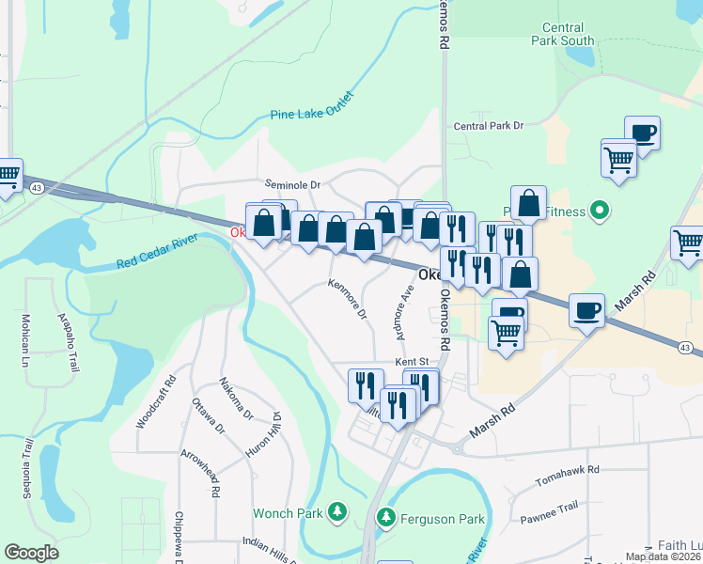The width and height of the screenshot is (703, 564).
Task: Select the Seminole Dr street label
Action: pos(292,185)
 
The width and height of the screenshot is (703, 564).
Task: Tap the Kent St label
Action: pos(412,361)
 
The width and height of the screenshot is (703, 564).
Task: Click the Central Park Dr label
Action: pos(487,126)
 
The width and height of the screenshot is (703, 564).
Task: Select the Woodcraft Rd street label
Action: pos(156,403)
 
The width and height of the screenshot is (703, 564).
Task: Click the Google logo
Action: pos(31,553)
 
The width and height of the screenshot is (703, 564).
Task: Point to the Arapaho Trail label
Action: pos(66,343)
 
